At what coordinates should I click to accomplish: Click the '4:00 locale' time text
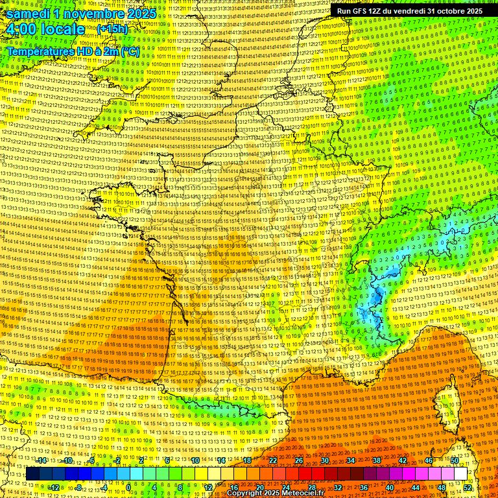[45, 29]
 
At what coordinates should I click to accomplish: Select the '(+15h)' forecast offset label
[112, 29]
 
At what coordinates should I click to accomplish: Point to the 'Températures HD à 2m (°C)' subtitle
[73, 51]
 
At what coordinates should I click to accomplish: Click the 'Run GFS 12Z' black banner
[409, 11]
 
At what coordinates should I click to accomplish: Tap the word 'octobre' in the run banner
[450, 11]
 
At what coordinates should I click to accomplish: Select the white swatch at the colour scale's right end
[460, 474]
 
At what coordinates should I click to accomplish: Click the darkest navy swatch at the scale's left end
[32, 474]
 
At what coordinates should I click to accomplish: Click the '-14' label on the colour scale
[41, 460]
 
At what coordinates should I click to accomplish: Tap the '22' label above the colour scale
[273, 460]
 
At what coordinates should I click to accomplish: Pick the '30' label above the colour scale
[325, 460]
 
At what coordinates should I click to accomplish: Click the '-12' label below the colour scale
[54, 487]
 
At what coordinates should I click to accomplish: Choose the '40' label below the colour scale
[390, 487]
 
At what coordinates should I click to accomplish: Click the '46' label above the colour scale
[429, 460]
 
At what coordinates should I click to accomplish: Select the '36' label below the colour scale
[364, 487]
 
